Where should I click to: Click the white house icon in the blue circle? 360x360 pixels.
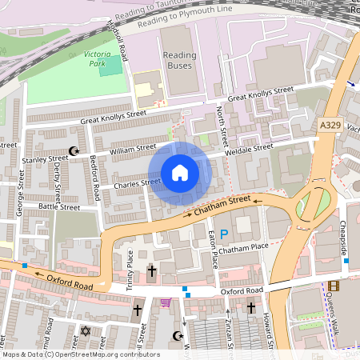(180, 173)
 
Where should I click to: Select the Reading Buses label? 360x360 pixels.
(179, 60)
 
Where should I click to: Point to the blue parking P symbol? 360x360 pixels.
(224, 234)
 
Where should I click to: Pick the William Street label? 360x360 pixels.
(133, 149)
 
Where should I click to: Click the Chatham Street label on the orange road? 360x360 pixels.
(222, 206)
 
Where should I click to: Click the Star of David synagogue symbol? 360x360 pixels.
(85, 330)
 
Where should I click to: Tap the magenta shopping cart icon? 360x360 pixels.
(166, 302)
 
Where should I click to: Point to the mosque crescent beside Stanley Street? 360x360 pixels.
(75, 150)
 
